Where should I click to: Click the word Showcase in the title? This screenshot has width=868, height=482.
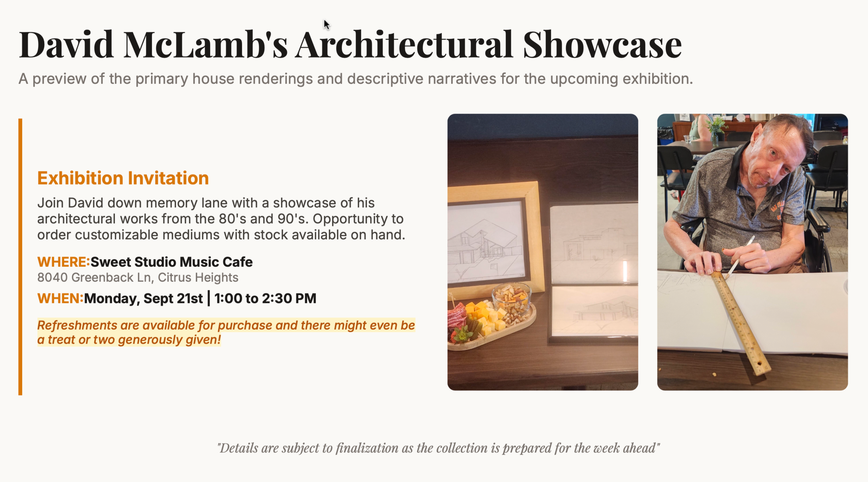(x=603, y=45)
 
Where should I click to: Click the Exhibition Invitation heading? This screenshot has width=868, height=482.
(x=123, y=178)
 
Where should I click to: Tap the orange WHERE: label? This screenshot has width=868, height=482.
(x=63, y=262)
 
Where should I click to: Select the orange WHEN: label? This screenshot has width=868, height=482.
(x=60, y=298)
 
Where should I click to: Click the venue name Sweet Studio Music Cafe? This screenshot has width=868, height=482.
(x=171, y=262)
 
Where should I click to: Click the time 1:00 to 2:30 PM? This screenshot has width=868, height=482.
(x=265, y=298)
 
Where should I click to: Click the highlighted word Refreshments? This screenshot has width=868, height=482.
(x=77, y=325)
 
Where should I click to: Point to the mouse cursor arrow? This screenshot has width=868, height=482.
(x=327, y=25)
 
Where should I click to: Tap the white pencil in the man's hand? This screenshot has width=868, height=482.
(x=741, y=256)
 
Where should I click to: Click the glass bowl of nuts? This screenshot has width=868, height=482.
(x=511, y=300)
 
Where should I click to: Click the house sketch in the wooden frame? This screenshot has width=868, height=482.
(x=485, y=242)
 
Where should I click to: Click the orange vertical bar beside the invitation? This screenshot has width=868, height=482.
(x=20, y=257)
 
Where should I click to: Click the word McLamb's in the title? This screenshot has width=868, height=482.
(x=206, y=45)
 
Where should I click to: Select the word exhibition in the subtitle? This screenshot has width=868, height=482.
(x=657, y=78)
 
